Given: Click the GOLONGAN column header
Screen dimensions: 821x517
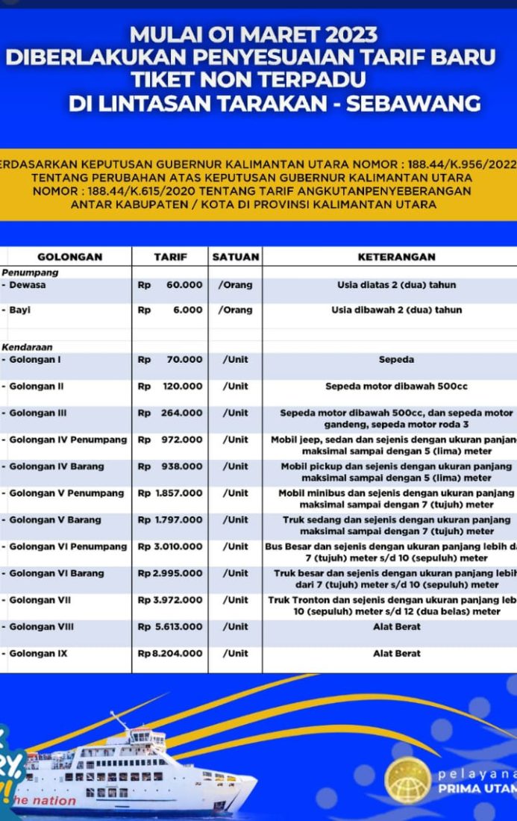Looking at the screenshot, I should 69,257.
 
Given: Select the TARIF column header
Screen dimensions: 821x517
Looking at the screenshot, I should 170,257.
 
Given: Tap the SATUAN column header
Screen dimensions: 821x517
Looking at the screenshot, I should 236,257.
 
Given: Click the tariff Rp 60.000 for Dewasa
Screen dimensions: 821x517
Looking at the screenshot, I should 170,285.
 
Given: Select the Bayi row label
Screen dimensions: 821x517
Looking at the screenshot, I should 20,310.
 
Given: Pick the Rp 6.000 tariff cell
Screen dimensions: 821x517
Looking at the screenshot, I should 170,310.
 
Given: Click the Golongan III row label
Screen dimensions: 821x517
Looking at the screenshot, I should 38,413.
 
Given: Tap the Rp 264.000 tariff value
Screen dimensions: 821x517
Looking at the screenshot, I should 170,413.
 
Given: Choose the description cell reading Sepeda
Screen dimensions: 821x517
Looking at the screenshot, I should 396,360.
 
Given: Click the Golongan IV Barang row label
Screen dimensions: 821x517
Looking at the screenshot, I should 57,466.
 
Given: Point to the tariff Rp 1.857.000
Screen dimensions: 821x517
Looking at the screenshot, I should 170,493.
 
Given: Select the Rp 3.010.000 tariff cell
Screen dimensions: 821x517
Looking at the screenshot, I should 170,547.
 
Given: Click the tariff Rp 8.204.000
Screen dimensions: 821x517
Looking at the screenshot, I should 170,654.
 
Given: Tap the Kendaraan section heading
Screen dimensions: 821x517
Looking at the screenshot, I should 27,347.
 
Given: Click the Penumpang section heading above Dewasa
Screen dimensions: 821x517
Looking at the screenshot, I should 30,273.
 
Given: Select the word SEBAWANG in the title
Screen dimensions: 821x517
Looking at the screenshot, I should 414,104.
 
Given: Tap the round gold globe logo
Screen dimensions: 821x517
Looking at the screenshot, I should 408,781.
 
